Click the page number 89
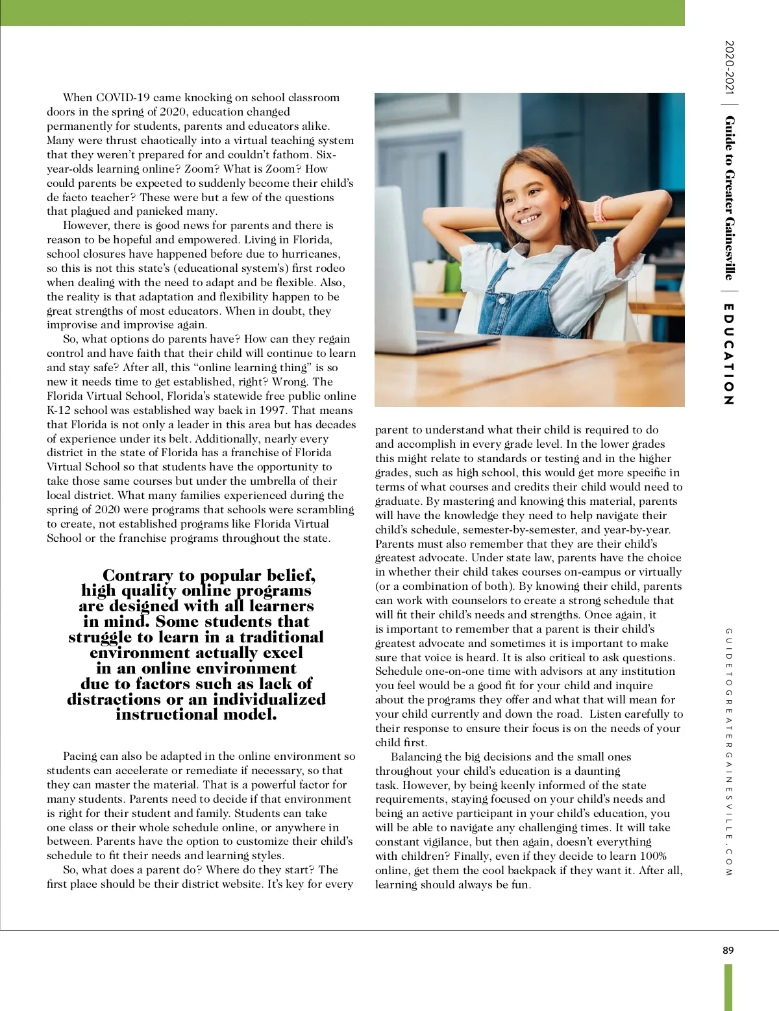pyautogui.click(x=728, y=951)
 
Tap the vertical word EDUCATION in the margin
pyautogui.click(x=728, y=355)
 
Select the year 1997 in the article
pyautogui.click(x=273, y=410)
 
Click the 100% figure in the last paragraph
pyautogui.click(x=653, y=856)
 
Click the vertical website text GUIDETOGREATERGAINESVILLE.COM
pyautogui.click(x=728, y=752)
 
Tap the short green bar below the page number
pyautogui.click(x=728, y=986)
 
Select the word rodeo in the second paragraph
pyautogui.click(x=328, y=268)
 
